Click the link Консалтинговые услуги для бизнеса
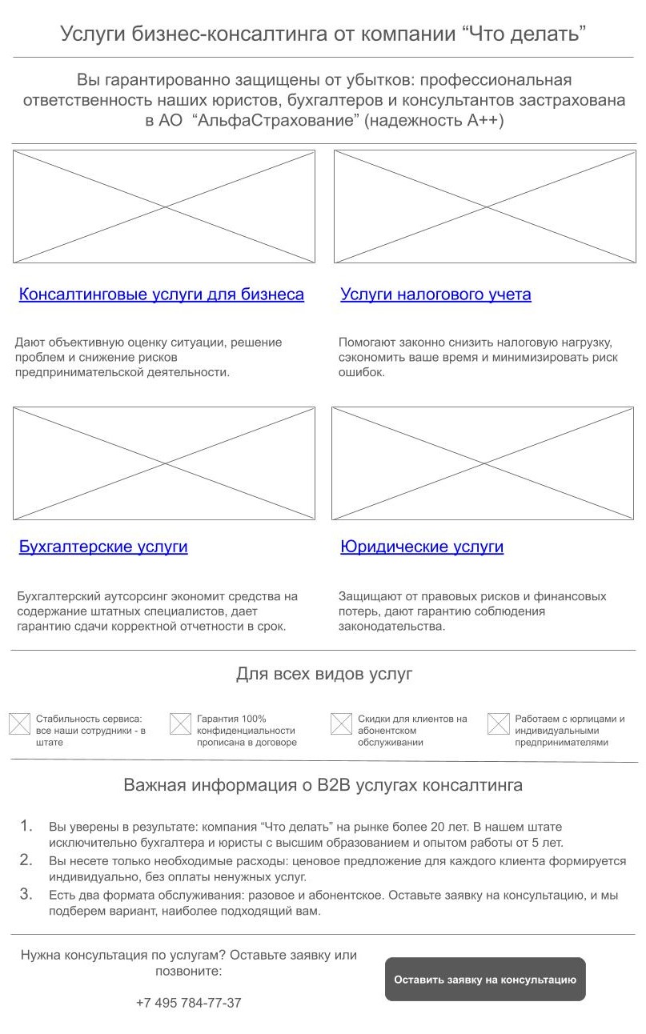point(161,295)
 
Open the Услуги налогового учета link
point(435,295)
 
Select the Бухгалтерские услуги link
point(103,547)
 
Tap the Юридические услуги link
point(422,547)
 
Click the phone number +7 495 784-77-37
point(188,1003)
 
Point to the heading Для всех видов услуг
point(324,674)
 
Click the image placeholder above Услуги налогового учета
point(484,206)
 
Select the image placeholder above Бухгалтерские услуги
point(164,463)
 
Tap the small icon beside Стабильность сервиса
point(19,724)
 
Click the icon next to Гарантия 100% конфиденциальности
point(180,724)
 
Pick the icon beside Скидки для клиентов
point(341,724)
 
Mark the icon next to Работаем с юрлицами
point(499,724)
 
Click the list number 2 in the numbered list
point(26,860)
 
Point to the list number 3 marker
point(26,894)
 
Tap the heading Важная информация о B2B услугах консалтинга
point(323,785)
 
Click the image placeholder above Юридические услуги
point(483,463)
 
